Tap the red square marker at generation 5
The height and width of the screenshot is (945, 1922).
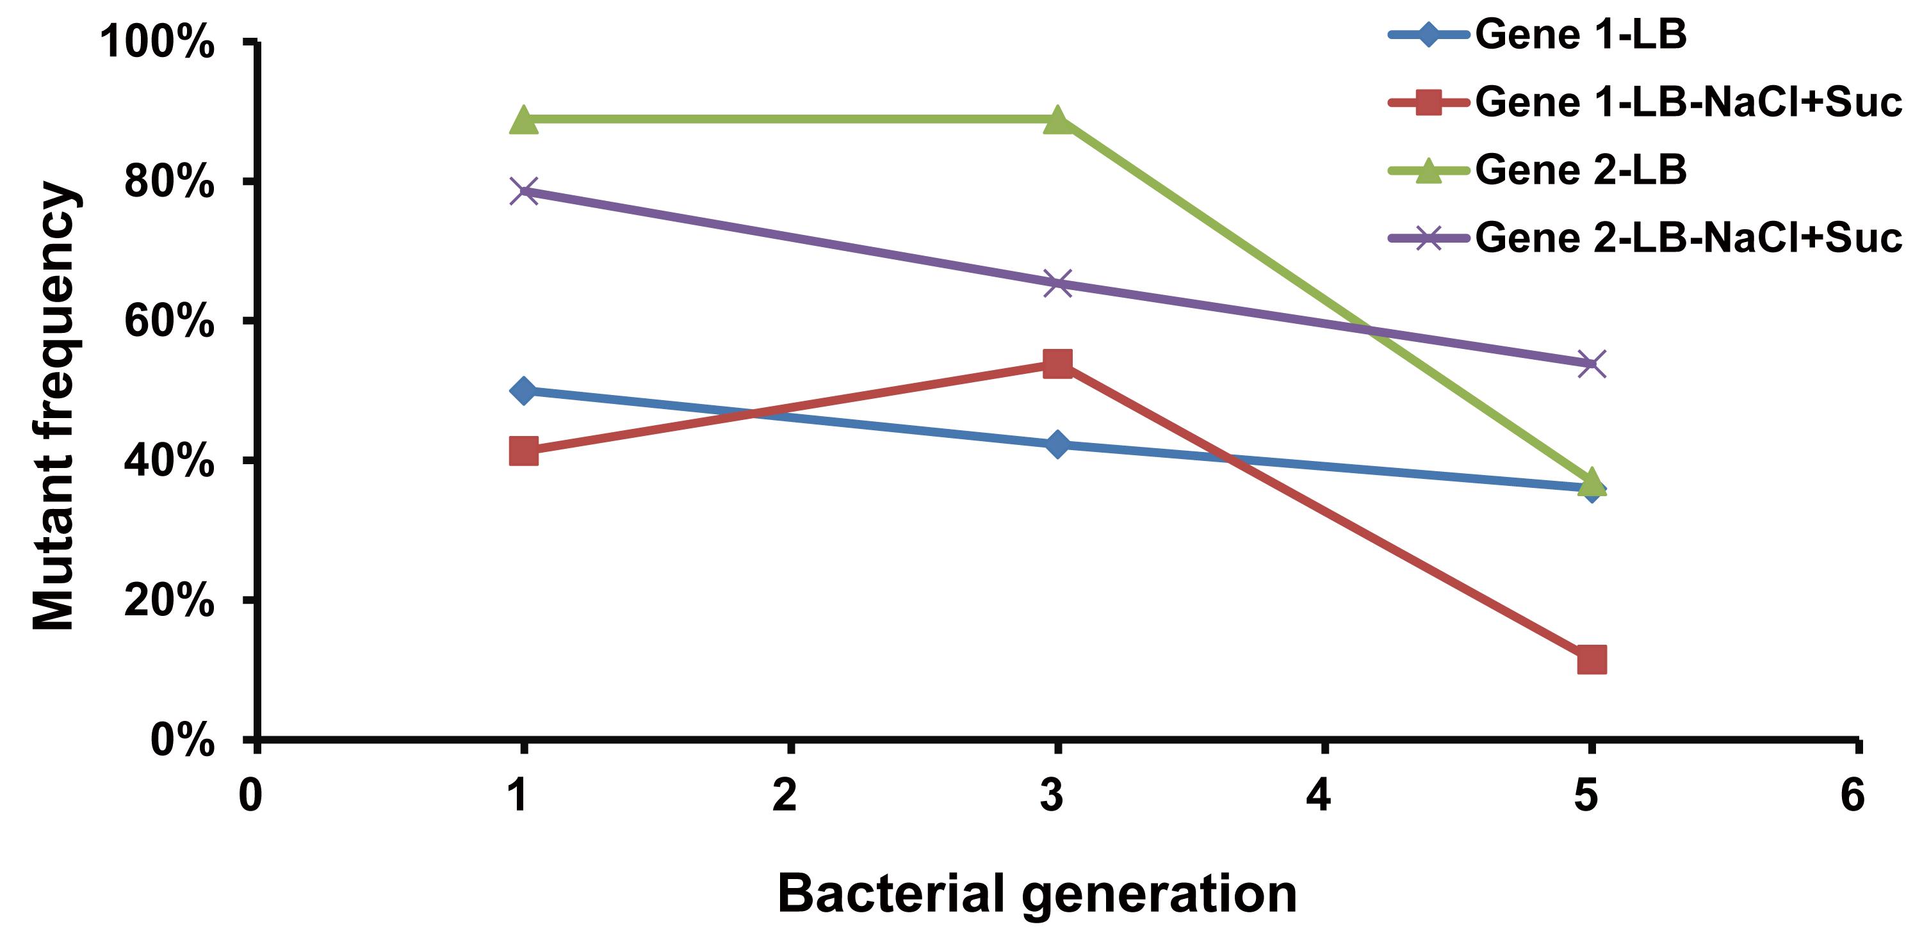click(x=1592, y=659)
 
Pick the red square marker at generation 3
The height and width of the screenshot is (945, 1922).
click(x=1057, y=363)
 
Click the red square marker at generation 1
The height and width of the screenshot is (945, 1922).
click(x=524, y=451)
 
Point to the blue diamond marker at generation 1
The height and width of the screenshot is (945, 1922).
click(x=524, y=390)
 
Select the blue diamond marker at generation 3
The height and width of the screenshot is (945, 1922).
click(x=1057, y=444)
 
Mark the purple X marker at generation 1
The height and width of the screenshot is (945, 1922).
click(x=525, y=191)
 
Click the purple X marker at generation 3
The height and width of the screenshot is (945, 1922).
click(x=1057, y=284)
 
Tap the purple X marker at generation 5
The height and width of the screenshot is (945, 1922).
click(x=1592, y=364)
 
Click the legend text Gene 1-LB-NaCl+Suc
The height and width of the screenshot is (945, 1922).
click(x=1688, y=102)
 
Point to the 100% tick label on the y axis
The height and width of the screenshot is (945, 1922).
click(x=158, y=41)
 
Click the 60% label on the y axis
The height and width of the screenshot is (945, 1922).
click(x=169, y=321)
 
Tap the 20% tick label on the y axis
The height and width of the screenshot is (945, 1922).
click(x=169, y=601)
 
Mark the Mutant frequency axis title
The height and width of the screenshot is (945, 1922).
click(x=53, y=407)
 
